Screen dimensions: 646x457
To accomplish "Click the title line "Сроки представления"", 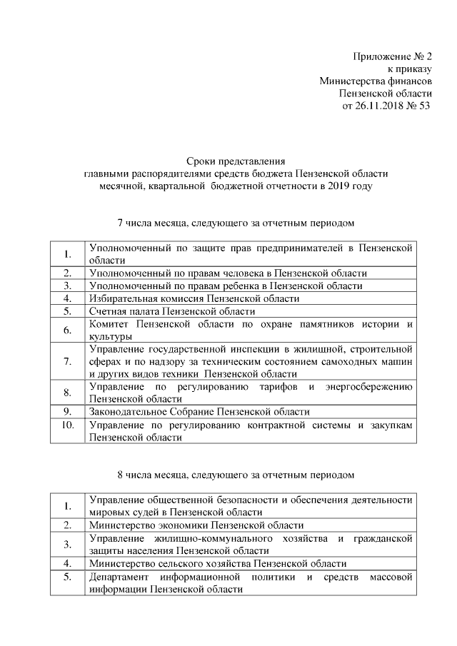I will (x=235, y=161).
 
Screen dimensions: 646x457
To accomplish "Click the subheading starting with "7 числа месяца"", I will (x=235, y=223).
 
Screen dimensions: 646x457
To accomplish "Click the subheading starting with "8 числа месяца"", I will (x=235, y=474).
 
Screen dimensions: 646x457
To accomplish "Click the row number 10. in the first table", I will (x=67, y=425).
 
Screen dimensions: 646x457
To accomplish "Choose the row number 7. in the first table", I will (x=67, y=361).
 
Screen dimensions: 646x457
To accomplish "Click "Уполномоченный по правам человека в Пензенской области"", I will (x=227, y=273).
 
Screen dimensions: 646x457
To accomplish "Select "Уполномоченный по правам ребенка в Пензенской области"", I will (x=225, y=286).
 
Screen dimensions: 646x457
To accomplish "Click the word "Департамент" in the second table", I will (x=119, y=576).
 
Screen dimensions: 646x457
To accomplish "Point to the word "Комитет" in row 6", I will (x=109, y=324).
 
